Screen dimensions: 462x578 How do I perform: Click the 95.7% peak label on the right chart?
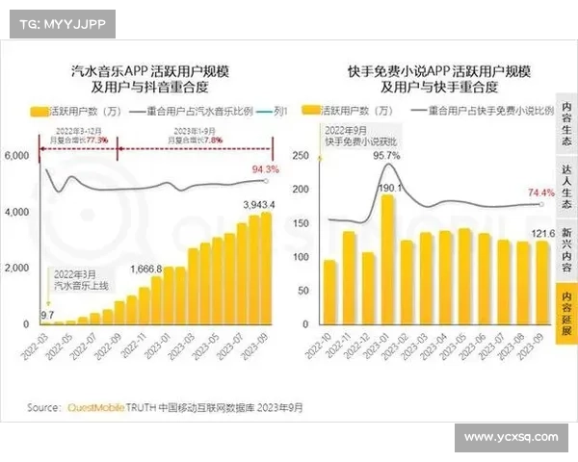coord(386,155)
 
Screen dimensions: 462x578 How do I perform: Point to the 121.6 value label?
coord(541,233)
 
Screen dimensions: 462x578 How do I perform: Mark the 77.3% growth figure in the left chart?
coord(96,140)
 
